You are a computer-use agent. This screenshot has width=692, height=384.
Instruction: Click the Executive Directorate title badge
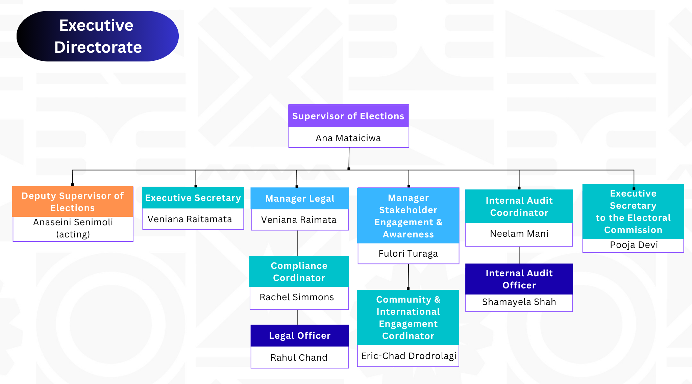coord(97,36)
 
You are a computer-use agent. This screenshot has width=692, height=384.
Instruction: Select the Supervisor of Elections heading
coord(348,116)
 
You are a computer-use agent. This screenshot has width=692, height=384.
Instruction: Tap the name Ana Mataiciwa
coord(348,138)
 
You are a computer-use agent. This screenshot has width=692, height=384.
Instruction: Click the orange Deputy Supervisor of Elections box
coord(73,202)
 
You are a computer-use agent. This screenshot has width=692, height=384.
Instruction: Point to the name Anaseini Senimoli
coord(73,222)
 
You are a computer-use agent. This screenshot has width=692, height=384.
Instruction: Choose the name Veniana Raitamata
coord(190,219)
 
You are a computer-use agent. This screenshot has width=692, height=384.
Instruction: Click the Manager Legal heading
coord(300,199)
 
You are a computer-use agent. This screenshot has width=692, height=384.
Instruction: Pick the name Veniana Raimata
coord(299,220)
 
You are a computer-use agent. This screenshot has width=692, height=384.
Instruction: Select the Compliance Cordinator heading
coord(299,272)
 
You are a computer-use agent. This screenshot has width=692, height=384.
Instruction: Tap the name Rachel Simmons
coord(297,297)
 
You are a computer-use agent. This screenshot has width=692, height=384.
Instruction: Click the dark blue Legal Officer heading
coord(300,336)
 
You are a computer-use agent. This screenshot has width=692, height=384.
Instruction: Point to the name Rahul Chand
coord(299,357)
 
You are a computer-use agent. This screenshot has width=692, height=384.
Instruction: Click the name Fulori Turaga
coord(408,254)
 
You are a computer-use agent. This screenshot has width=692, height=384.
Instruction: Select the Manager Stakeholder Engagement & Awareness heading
coord(408,216)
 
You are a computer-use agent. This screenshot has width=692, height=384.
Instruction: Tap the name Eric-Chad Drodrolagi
coord(409,356)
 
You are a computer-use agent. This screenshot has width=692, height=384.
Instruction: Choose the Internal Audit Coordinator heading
coord(519,206)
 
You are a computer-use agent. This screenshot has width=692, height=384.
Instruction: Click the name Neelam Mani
coord(519,234)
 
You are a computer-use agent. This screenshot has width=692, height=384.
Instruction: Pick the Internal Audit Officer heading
coord(519,279)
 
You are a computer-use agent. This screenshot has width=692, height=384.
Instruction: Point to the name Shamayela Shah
coord(519,302)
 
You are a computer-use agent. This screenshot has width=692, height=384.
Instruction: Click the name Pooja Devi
coord(634,245)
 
